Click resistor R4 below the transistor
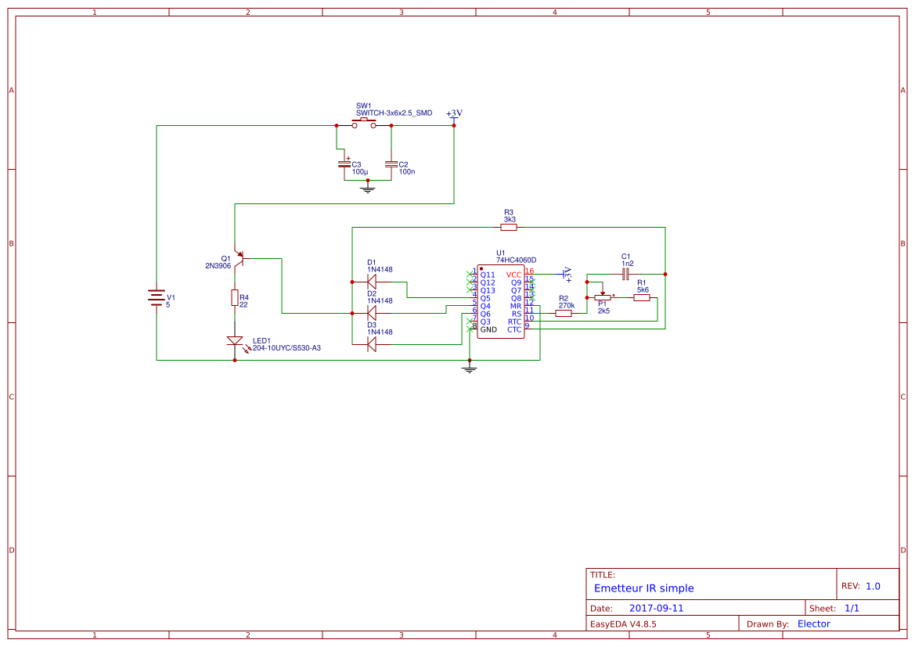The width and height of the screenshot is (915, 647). [x=234, y=297]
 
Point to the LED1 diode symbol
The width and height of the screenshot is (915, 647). [x=234, y=341]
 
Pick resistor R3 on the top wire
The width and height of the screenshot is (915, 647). [x=509, y=228]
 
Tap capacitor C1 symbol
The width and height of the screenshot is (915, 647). [x=625, y=274]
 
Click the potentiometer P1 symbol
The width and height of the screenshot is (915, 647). [x=602, y=297]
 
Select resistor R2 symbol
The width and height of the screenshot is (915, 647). [x=564, y=313]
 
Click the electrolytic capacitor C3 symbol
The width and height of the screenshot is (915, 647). [x=344, y=164]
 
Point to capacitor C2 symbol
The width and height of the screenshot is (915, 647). [x=391, y=164]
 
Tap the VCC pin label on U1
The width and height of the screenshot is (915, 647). [x=513, y=275]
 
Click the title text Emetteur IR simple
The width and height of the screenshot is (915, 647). [x=643, y=588]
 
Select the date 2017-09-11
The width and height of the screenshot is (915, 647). [x=656, y=608]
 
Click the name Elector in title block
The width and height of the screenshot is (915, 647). [x=813, y=624]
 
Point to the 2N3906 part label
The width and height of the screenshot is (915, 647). [x=218, y=266]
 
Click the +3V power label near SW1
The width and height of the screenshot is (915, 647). [x=454, y=113]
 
